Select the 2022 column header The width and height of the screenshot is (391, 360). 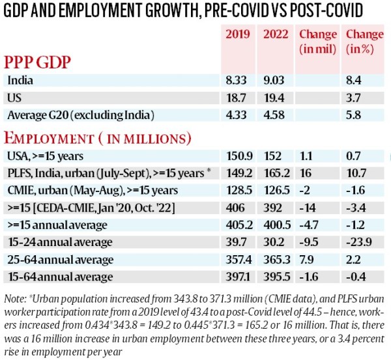click(x=275, y=34)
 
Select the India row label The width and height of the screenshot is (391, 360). click(x=20, y=81)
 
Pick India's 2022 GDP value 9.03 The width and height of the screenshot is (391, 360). click(x=275, y=81)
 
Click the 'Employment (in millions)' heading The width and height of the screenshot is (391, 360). click(x=98, y=138)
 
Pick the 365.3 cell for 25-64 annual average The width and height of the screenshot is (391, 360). click(x=276, y=259)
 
